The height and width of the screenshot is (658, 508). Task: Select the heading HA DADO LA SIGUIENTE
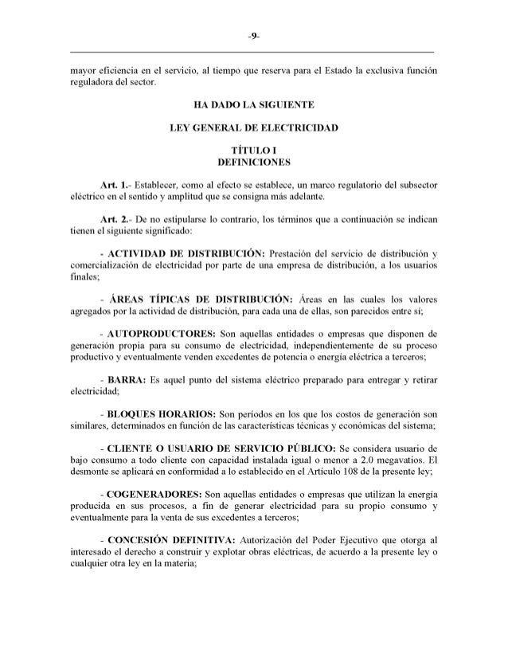(x=253, y=104)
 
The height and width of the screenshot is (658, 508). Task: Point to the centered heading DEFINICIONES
(x=253, y=163)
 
